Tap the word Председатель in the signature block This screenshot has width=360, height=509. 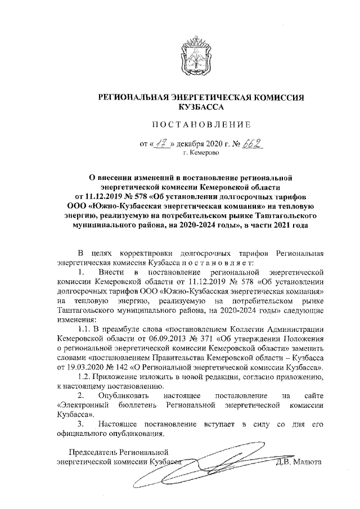pos(92,452)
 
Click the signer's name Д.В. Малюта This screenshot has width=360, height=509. pos(297,462)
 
